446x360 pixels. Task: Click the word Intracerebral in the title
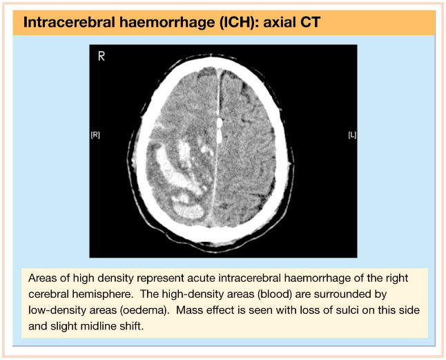[69, 22]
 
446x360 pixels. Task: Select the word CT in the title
[310, 22]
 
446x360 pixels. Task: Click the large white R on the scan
[101, 57]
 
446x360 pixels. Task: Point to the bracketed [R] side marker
[95, 135]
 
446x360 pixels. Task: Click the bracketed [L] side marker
[352, 135]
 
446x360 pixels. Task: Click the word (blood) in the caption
[275, 294]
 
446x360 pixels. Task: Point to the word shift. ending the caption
[132, 325]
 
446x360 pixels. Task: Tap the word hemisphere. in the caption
[102, 294]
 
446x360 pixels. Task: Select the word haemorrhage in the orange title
[167, 22]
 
